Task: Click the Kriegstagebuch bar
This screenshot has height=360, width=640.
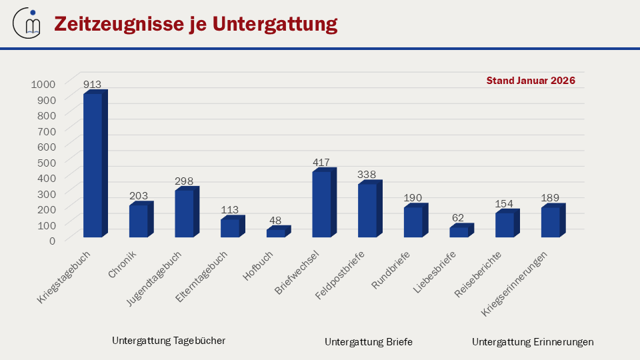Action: (93, 165)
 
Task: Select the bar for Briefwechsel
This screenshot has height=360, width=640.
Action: (321, 204)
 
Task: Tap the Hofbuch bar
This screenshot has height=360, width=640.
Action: (275, 233)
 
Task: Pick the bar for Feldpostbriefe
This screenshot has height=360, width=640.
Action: (367, 210)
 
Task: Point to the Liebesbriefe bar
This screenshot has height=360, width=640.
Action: (459, 232)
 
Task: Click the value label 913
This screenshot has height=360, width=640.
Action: (92, 85)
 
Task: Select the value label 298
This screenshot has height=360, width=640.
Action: (184, 181)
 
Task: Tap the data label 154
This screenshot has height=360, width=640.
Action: (505, 203)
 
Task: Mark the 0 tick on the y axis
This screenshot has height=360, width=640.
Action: (52, 240)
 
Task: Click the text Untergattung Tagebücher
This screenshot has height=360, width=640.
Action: (169, 340)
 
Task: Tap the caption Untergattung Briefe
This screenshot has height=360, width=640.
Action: (369, 342)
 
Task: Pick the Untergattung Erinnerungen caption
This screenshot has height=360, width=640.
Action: (533, 342)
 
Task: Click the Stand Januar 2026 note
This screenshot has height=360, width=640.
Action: (531, 80)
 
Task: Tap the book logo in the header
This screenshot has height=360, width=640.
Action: (27, 24)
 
